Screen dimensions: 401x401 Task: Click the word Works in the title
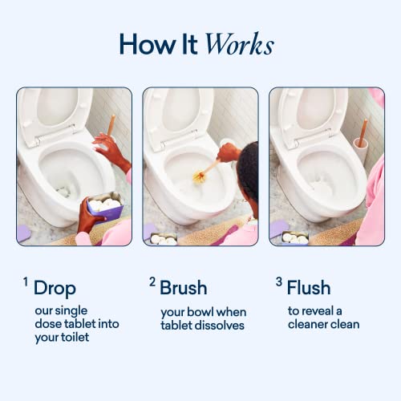239,44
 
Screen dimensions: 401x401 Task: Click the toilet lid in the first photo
55,111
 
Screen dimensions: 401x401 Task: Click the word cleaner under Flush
306,325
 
